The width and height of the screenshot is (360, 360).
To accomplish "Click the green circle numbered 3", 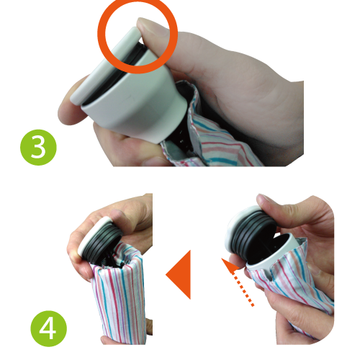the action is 38,148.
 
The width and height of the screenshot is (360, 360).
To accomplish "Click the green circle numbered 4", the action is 49,328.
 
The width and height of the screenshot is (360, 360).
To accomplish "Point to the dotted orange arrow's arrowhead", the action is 230,265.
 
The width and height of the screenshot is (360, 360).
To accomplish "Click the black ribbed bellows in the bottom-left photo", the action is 103,243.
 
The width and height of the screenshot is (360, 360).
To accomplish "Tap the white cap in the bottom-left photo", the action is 92,235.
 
